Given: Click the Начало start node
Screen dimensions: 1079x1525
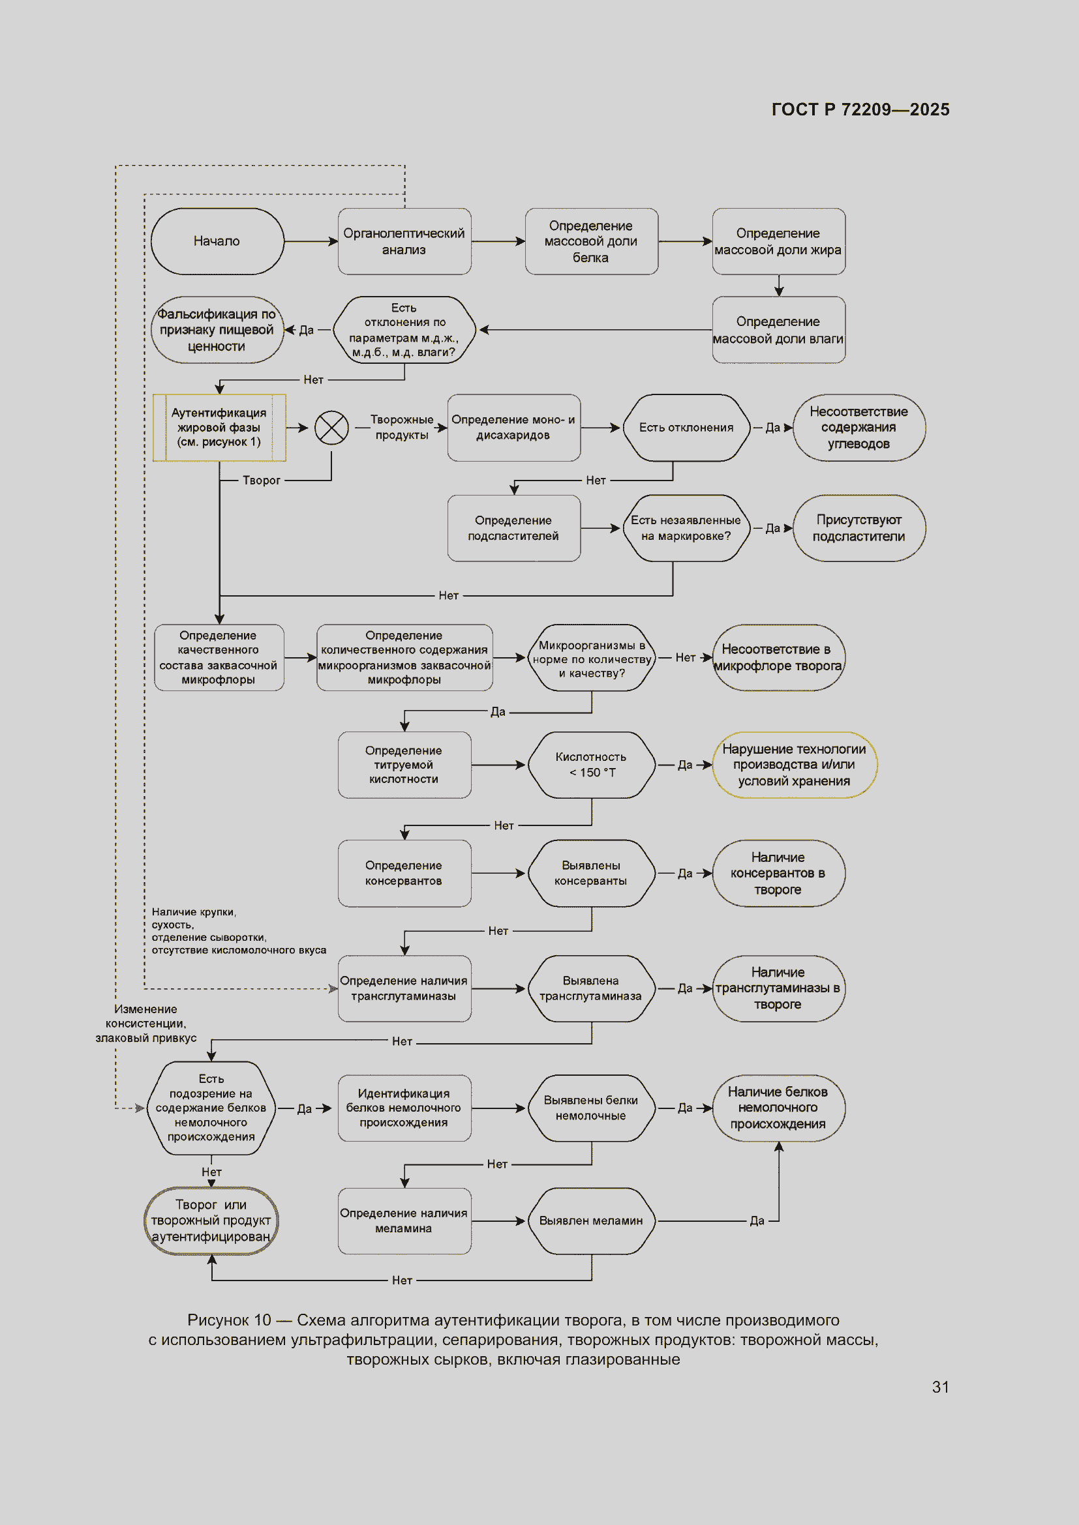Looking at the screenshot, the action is click(217, 241).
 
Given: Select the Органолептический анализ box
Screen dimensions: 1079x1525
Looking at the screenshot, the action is click(404, 241).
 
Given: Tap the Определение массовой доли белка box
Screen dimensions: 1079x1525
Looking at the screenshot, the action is click(591, 241).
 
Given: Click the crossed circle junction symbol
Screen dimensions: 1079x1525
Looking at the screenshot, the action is click(331, 427).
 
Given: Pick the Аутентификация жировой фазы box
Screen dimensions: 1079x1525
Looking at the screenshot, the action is click(219, 428).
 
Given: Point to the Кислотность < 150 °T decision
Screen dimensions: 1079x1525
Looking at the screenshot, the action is click(591, 765).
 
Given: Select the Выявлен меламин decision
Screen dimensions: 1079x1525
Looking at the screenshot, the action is click(591, 1221).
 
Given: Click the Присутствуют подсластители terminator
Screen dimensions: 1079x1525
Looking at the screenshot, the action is click(859, 528).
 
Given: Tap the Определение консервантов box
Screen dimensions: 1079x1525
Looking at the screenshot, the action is click(404, 874).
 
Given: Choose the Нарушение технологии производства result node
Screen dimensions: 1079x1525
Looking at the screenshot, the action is click(795, 765).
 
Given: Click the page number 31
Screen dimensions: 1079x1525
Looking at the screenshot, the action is click(940, 1387).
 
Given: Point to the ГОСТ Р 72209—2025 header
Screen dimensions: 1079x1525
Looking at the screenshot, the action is click(860, 110).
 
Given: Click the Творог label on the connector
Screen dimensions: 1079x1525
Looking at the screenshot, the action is click(261, 481).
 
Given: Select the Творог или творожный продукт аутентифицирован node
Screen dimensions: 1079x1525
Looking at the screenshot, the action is click(211, 1221).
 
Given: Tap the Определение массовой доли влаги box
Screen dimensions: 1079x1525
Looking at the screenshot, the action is click(779, 330).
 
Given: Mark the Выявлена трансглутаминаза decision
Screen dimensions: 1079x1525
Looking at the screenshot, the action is click(591, 989).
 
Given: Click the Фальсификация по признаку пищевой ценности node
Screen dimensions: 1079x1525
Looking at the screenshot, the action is click(217, 330).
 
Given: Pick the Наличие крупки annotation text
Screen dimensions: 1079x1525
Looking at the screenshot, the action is click(239, 931).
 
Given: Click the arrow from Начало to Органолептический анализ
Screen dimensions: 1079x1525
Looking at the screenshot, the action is click(311, 241).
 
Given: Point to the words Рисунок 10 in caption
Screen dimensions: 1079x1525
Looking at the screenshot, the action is click(229, 1320).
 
